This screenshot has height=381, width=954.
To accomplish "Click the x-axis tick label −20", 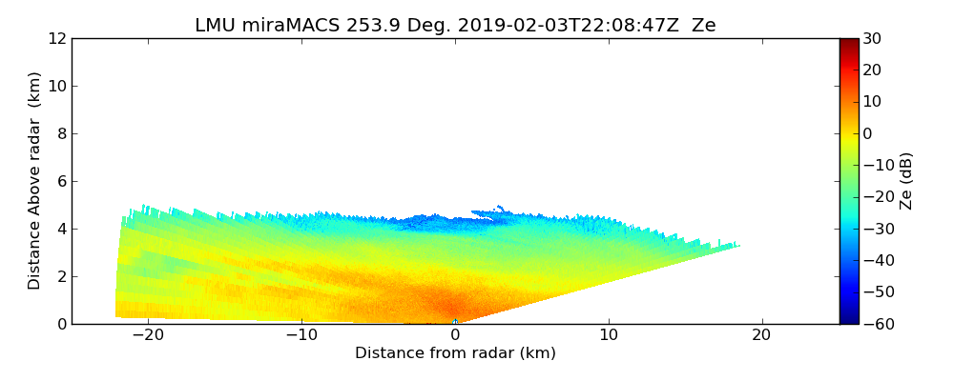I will (x=148, y=335).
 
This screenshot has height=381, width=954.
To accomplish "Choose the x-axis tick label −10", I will (x=301, y=335).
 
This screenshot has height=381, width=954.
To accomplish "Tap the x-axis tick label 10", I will (x=609, y=335).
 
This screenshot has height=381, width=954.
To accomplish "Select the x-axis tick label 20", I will (x=761, y=335).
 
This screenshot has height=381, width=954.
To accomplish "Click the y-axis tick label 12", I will (x=56, y=38).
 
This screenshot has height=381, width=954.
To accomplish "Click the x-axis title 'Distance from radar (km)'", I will (x=455, y=353).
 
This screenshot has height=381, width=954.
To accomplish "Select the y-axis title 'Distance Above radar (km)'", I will (x=35, y=180).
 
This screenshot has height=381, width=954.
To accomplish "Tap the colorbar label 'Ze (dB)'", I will (x=906, y=180).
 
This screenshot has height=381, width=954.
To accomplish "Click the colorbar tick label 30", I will (x=872, y=38).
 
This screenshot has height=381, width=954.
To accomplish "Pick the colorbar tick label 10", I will (x=872, y=102).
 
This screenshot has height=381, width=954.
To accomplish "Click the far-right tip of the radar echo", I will (x=738, y=246).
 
